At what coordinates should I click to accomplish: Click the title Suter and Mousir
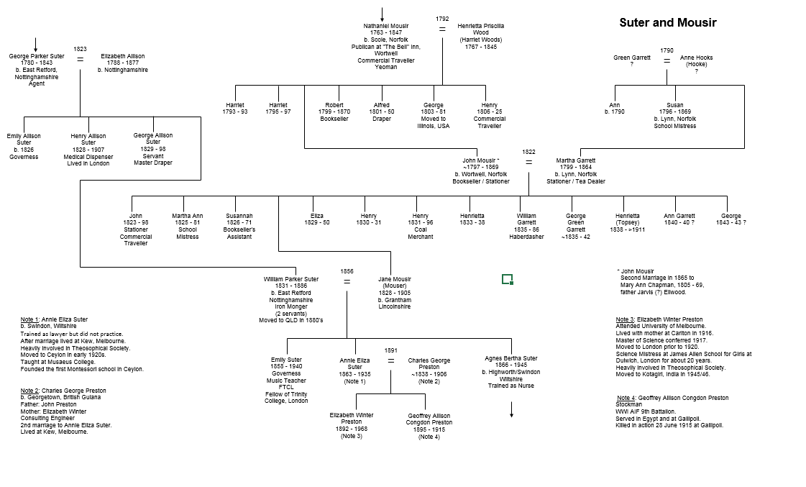(x=668, y=22)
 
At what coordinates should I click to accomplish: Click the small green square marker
(x=508, y=279)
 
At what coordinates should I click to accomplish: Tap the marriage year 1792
(x=442, y=19)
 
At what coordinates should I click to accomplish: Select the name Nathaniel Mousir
(x=386, y=26)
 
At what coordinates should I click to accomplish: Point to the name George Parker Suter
(x=37, y=56)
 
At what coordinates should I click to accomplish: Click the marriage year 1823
(x=81, y=50)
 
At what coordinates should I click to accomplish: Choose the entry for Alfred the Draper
(x=381, y=111)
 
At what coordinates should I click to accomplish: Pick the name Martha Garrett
(x=576, y=160)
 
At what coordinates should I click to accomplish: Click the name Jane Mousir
(x=395, y=279)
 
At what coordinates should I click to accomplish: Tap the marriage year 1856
(x=347, y=271)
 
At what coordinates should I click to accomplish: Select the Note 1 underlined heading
(x=29, y=319)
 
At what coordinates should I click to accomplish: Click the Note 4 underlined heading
(x=626, y=398)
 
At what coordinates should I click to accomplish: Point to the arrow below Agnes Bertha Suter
(x=511, y=409)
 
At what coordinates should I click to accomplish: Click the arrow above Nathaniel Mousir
(x=382, y=15)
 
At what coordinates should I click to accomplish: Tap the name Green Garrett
(x=632, y=58)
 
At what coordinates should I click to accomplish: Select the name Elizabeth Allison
(x=123, y=56)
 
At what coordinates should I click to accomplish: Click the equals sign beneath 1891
(x=390, y=361)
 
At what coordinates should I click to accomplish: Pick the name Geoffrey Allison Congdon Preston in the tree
(x=429, y=419)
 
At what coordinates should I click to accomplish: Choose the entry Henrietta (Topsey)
(x=628, y=219)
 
